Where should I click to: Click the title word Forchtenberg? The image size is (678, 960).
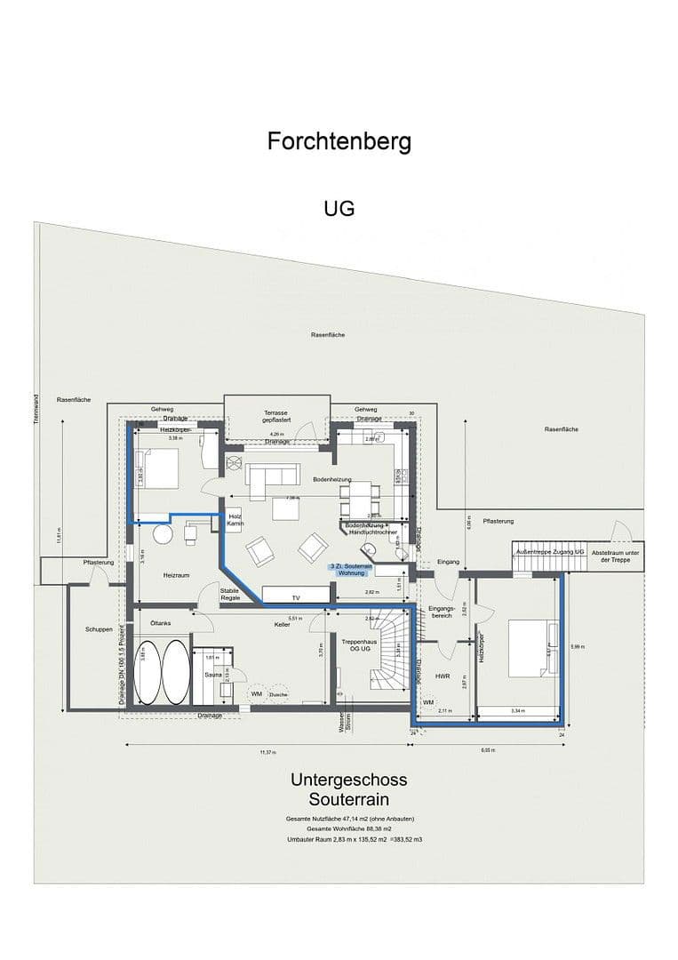(x=339, y=141)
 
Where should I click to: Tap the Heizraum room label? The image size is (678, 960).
(x=177, y=576)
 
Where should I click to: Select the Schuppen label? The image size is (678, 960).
(x=99, y=628)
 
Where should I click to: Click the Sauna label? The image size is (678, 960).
(x=212, y=675)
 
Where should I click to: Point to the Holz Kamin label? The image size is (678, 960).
(x=235, y=520)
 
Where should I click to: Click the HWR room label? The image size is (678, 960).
(x=443, y=676)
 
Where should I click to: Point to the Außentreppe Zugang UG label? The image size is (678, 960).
(x=549, y=553)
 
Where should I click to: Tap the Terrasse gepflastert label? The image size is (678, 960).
(x=276, y=418)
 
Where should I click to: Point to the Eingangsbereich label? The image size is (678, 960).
(x=442, y=612)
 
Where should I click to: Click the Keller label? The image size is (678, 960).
(x=283, y=625)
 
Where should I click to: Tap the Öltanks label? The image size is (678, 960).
(x=161, y=623)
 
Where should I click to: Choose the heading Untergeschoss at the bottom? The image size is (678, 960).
(x=348, y=780)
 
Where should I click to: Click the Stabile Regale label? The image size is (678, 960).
(x=230, y=594)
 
